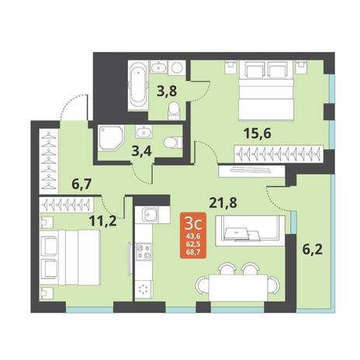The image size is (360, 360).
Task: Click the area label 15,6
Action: (258, 133)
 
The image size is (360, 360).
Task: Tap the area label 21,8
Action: (223, 203)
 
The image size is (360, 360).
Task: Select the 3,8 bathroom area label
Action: (167, 91)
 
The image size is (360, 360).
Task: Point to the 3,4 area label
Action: (141, 151)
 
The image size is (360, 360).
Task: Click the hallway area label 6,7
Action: (81, 185)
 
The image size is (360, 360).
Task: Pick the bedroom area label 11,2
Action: (102, 221)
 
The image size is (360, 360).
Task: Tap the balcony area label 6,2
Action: (313, 250)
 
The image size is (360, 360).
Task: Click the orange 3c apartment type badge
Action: (193, 235)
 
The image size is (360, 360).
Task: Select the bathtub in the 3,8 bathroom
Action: (137, 86)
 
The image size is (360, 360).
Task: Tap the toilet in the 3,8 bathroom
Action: (173, 111)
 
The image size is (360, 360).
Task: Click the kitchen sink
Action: (150, 215)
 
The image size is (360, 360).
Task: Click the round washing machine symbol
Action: (177, 67)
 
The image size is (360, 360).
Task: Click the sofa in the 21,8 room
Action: (250, 230)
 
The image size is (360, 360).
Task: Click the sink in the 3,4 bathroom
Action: (144, 132)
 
